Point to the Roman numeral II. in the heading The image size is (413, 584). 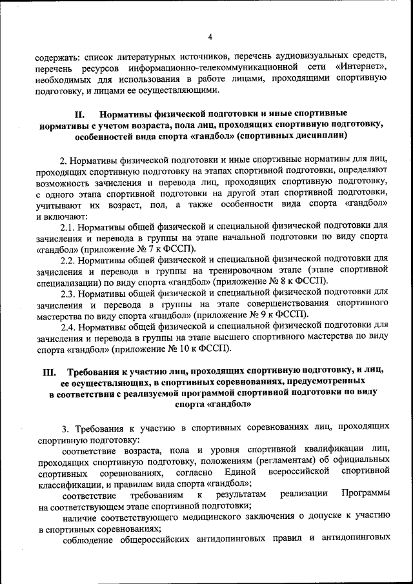(76, 114)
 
